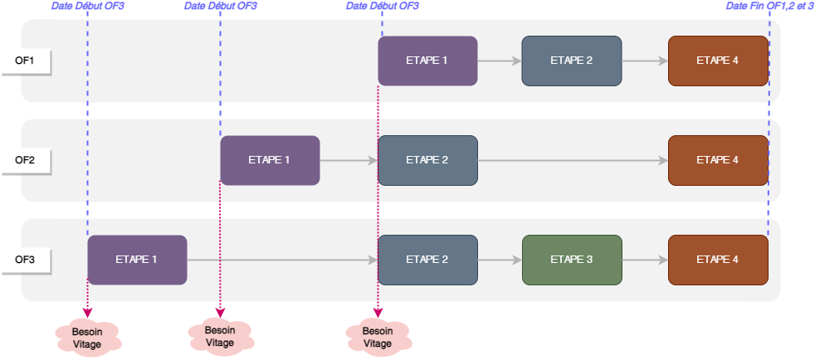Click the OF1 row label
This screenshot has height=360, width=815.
(x=26, y=61)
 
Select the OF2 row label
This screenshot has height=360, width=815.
(x=26, y=160)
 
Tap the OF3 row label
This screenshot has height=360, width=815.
(x=26, y=260)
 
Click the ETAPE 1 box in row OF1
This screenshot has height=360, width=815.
(x=427, y=61)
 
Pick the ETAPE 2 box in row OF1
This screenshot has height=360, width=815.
(x=571, y=61)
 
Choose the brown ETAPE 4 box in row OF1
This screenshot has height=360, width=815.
(x=718, y=61)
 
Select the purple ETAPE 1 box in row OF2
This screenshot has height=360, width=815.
(x=270, y=160)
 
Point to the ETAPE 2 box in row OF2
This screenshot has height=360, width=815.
(x=427, y=160)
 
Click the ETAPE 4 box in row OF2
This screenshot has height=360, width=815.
(x=718, y=160)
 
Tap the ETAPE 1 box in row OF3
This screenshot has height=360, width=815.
(x=137, y=260)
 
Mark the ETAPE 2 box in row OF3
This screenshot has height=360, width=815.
(x=427, y=260)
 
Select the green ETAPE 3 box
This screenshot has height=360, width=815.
(x=572, y=260)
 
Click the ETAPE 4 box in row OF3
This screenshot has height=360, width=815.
(x=718, y=260)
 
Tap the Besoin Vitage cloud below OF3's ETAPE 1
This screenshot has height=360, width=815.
(x=88, y=333)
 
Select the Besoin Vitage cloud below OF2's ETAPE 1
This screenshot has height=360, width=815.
(x=220, y=335)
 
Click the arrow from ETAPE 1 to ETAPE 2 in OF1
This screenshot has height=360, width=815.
(x=499, y=61)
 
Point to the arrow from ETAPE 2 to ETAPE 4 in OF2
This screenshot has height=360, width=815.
(x=573, y=160)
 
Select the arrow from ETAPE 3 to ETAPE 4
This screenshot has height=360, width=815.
(x=645, y=260)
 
